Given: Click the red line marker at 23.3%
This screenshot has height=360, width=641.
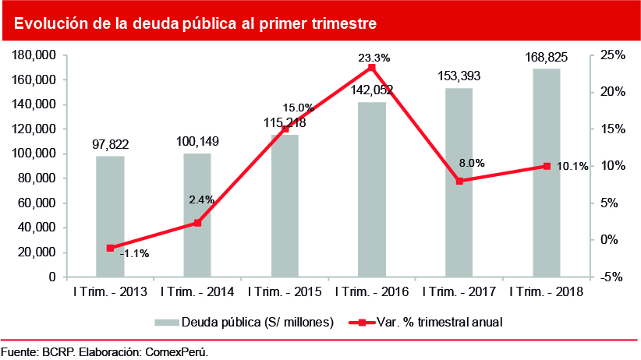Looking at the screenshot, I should tap(372, 68).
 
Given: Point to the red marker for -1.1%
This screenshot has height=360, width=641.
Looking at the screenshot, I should tap(110, 248).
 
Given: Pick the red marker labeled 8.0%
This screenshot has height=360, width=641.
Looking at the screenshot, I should tap(459, 181).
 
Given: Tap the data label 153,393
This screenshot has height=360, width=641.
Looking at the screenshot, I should tap(459, 76).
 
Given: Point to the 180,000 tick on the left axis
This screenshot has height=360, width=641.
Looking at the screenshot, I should tap(34, 55).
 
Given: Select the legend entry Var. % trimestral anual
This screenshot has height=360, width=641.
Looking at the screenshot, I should tap(426, 321).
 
